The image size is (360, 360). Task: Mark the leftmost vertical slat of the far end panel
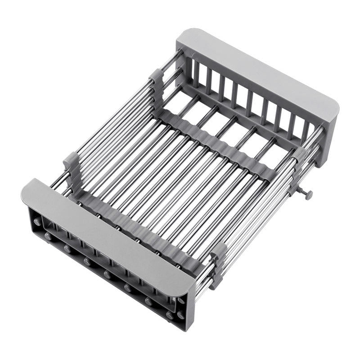tap(196, 72)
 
